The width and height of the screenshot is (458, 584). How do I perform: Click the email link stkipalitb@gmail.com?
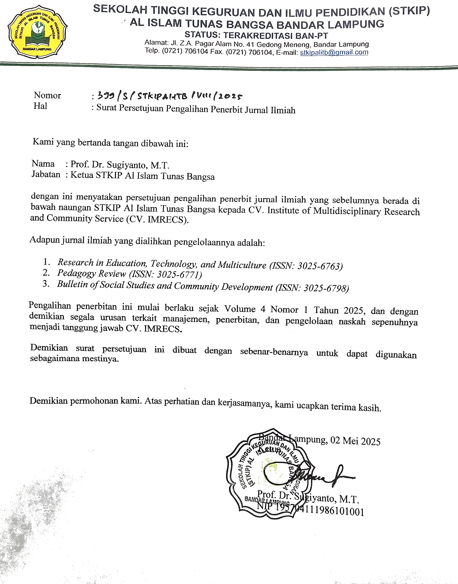click(x=334, y=52)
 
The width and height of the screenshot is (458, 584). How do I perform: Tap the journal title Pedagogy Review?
click(x=91, y=273)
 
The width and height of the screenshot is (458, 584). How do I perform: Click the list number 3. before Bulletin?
click(x=46, y=284)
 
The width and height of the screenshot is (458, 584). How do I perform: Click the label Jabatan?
click(x=46, y=175)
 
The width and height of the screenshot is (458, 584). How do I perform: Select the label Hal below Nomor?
click(x=40, y=106)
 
